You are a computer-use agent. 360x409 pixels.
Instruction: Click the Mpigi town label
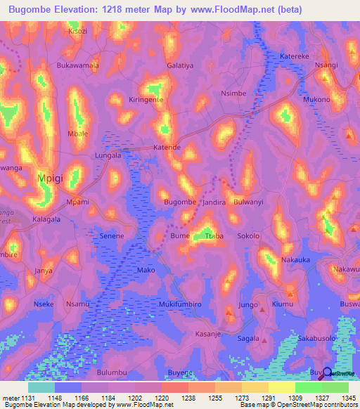click(50, 178)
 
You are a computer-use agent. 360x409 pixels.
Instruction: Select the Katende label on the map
click(167, 148)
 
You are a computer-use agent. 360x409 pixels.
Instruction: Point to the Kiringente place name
click(146, 100)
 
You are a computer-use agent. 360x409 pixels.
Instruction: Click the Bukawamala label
click(77, 65)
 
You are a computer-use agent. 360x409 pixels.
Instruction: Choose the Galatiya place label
click(181, 65)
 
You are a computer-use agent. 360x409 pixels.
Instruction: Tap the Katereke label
click(295, 56)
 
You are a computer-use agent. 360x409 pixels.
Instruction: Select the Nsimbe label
click(233, 93)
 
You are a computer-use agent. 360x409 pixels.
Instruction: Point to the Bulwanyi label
click(247, 202)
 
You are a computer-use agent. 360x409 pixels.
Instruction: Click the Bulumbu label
click(112, 372)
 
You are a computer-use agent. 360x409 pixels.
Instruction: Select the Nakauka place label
click(296, 259)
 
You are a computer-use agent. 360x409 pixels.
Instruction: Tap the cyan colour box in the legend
click(41, 387)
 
